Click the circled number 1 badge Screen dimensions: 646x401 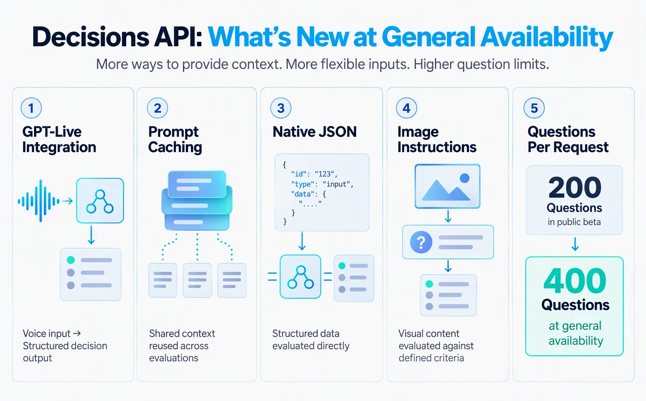tap(31, 108)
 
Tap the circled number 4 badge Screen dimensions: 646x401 tap(406, 108)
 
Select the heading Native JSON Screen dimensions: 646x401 tap(315, 132)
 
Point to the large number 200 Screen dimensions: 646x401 tap(575, 187)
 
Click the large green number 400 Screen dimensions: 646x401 tap(575, 281)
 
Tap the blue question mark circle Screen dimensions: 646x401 tap(421, 242)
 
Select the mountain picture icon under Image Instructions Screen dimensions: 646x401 tap(447, 186)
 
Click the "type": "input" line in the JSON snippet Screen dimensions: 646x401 tap(322, 184)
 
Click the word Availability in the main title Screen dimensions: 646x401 tap(546, 37)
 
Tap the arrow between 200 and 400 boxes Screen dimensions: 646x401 tap(575, 244)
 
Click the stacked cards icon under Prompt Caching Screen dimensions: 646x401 tap(197, 200)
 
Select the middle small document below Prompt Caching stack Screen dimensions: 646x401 tap(197, 280)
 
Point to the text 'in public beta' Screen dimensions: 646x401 tap(574, 222)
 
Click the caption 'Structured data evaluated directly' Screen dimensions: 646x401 tap(311, 340)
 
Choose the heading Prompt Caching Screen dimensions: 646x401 tap(175, 139)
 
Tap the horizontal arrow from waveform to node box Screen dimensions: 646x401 tap(67, 201)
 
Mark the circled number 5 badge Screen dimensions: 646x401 tap(534, 108)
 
